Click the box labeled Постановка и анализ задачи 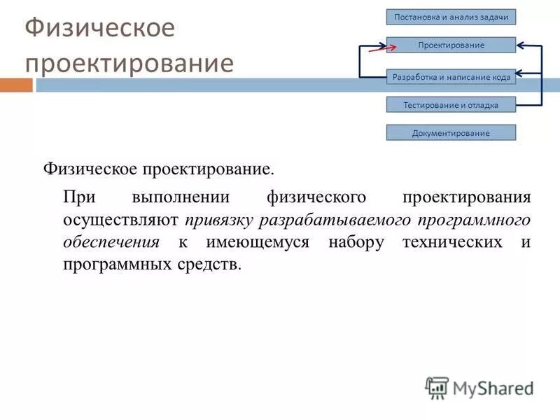(451, 17)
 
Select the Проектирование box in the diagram (451, 45)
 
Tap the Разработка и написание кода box (451, 78)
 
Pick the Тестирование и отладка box (451, 105)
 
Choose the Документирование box (451, 132)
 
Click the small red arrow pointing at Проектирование (381, 48)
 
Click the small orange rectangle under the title (15, 85)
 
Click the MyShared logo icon (437, 386)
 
